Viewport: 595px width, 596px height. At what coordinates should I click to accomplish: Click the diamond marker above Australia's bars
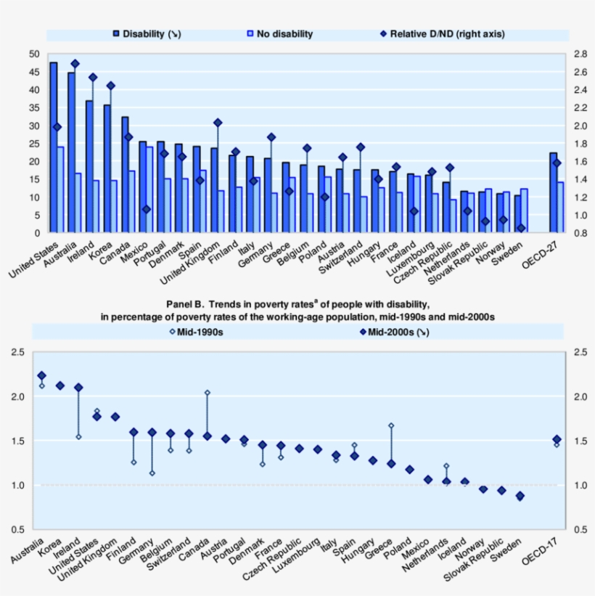(75, 64)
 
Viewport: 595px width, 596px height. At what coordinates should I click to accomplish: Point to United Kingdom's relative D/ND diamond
(218, 123)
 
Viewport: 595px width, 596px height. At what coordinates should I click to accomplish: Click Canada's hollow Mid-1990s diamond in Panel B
(207, 393)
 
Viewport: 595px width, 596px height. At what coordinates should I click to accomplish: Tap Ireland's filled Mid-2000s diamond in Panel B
(78, 388)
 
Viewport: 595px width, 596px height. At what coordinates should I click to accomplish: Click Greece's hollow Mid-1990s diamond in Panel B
(391, 425)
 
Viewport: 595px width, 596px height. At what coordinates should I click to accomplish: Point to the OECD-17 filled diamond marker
(557, 439)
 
